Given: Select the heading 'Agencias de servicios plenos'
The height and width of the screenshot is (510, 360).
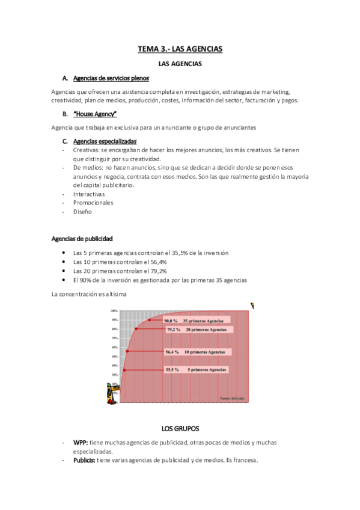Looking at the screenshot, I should coord(111,78).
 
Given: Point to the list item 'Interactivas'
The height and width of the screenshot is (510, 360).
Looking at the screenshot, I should coord(89,194).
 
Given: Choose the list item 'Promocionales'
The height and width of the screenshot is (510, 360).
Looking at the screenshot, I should coord(93,203).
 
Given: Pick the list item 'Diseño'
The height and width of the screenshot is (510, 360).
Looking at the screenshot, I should coord(83,212).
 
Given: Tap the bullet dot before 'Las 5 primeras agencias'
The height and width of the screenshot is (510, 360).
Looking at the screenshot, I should coord(64,253).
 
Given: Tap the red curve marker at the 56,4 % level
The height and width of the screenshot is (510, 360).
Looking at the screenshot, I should coord(127,351).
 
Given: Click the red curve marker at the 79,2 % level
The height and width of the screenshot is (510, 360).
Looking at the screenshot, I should coord(136,329).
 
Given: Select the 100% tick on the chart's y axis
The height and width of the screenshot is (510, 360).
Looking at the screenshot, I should coord(114,311).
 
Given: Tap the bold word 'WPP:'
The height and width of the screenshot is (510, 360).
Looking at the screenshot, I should coord(81,442).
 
